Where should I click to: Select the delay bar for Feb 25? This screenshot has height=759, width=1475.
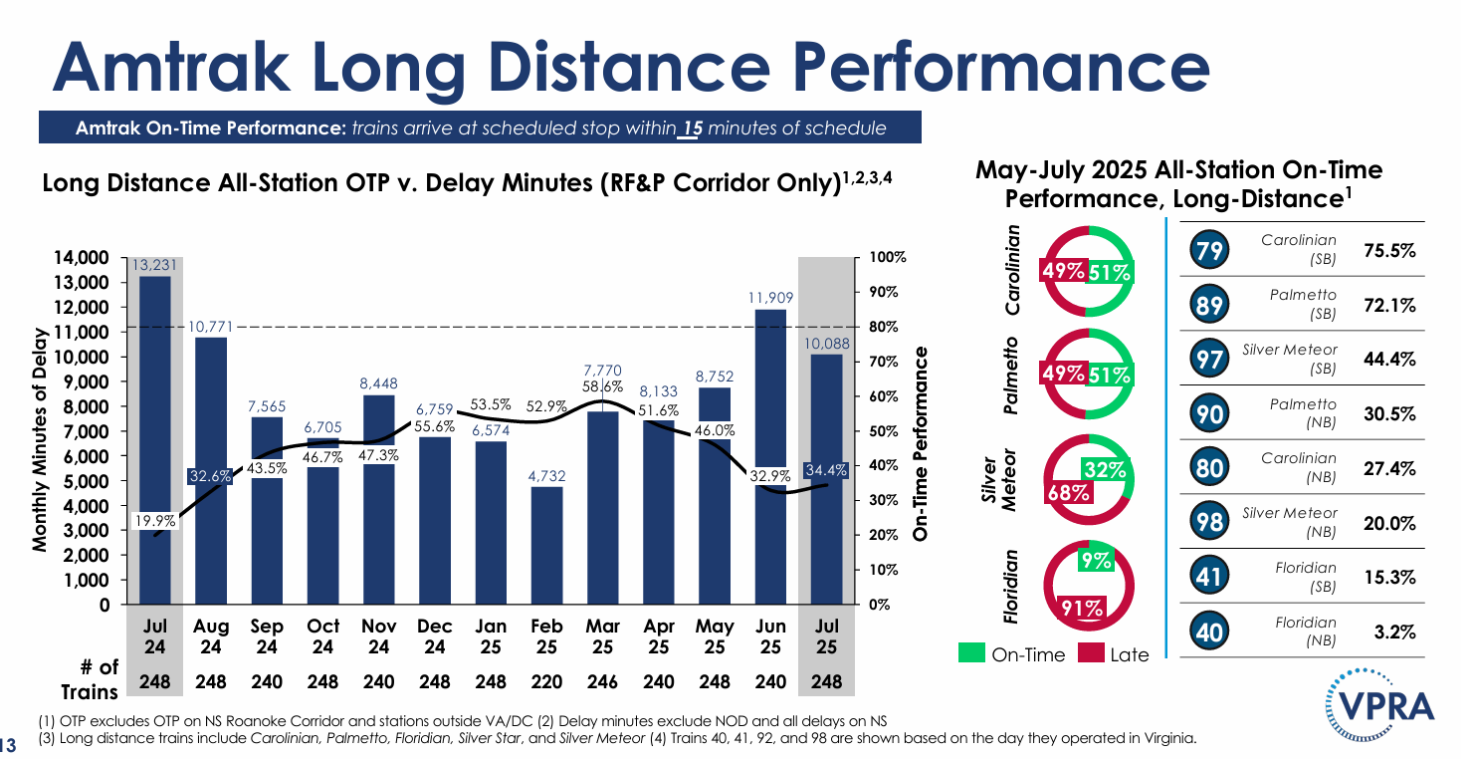[x=546, y=546]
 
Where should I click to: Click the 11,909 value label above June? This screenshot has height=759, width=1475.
[x=770, y=298]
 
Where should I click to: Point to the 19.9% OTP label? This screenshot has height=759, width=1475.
[x=155, y=521]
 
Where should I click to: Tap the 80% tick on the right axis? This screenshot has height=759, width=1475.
[x=884, y=327]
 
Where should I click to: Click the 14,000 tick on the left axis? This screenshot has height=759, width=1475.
[x=81, y=258]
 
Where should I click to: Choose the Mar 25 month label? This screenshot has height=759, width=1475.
[x=602, y=635]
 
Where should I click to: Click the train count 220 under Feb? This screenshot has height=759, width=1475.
[x=546, y=681]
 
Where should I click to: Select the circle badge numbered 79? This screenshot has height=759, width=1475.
[x=1209, y=250]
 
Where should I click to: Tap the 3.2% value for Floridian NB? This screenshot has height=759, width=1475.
[x=1394, y=632]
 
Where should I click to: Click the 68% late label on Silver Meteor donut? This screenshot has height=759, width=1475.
[x=1068, y=492]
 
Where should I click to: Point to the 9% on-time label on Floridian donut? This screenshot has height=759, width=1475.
[x=1097, y=561]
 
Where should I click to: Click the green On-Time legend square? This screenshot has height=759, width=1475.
[x=971, y=653]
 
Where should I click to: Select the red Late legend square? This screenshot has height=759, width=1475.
[x=1091, y=653]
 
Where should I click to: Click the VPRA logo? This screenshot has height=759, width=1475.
[x=1379, y=704]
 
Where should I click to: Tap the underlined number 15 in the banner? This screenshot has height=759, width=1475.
[x=690, y=127]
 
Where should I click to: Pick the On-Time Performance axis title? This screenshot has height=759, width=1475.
[x=920, y=444]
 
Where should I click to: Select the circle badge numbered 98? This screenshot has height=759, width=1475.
[x=1209, y=522]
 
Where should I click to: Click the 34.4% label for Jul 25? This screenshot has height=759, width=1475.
[x=826, y=470]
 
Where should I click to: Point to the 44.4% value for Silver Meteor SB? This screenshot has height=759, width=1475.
[x=1389, y=359]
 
